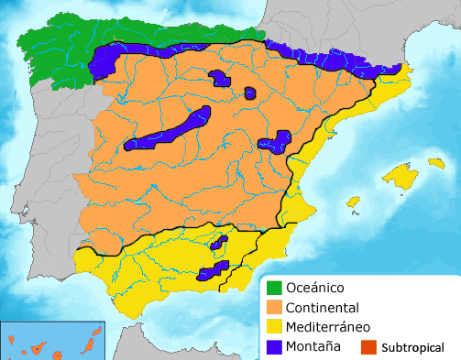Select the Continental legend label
322,308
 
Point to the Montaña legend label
313,346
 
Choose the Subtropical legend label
412,348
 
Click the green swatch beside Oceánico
272,288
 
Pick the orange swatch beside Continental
272,308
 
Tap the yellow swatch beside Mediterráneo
272,327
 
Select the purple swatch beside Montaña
272,346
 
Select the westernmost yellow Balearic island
353,202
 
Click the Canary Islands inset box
53,340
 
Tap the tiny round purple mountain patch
250,93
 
